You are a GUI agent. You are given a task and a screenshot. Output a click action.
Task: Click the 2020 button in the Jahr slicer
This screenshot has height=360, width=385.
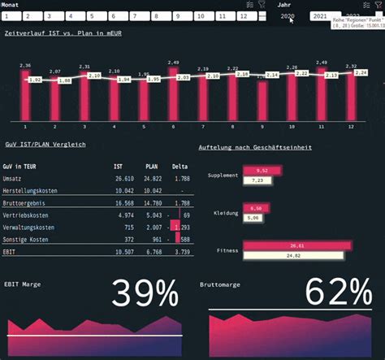(x=287, y=15)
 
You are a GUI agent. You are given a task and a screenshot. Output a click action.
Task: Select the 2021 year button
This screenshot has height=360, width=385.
(x=320, y=15)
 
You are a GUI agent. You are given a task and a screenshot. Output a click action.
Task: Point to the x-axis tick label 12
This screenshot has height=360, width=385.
(x=351, y=127)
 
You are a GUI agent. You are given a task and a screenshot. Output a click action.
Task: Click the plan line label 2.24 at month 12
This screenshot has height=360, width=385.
(x=361, y=72)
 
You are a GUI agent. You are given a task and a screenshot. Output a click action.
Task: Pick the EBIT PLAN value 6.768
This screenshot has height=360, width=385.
(x=154, y=252)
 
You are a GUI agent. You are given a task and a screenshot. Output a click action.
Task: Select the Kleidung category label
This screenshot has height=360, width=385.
(x=226, y=213)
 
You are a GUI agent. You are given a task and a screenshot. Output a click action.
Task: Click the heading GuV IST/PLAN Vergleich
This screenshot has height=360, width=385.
(x=45, y=145)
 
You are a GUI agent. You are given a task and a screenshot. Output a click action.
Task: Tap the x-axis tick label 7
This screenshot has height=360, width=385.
(x=202, y=127)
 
